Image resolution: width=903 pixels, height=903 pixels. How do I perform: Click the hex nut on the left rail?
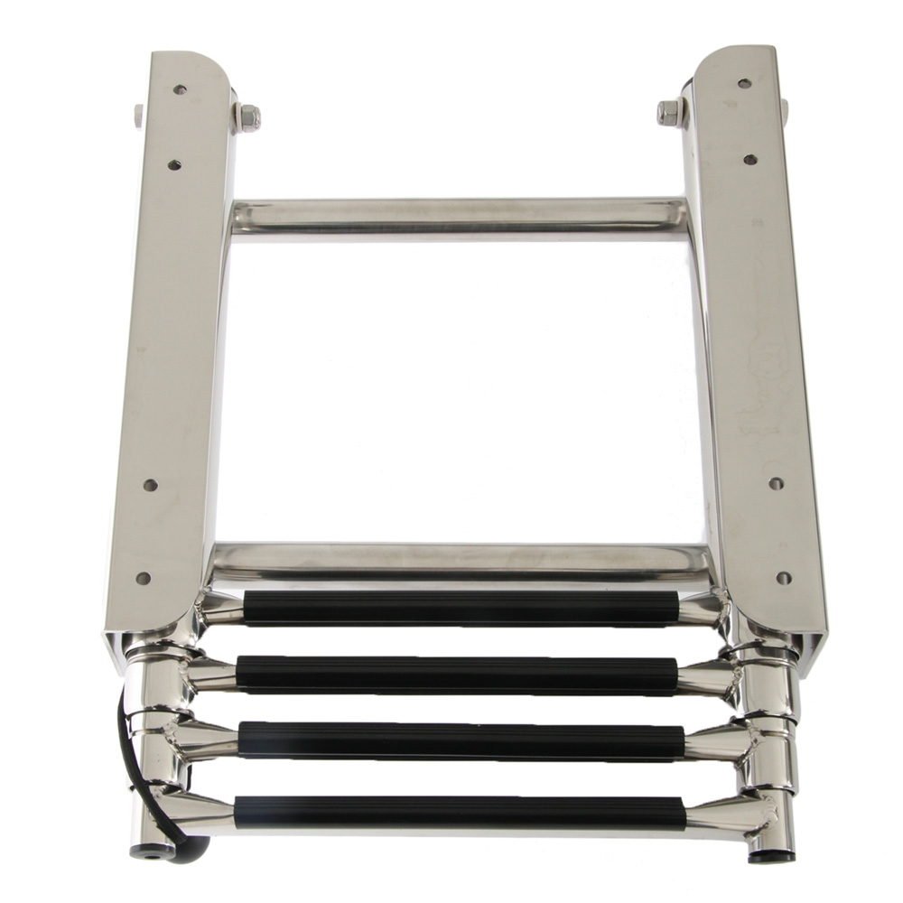247,116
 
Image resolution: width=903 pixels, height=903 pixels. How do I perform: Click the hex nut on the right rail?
669,113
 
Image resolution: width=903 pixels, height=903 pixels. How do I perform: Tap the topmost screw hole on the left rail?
180,90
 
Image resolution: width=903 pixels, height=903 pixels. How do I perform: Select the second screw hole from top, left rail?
174,165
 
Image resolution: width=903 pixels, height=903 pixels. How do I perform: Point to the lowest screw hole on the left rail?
143,578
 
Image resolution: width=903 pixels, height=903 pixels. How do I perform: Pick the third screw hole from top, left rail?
150,485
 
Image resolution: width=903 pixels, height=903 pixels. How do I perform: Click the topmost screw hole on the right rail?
744,83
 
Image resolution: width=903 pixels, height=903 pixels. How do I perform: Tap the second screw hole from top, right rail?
749,160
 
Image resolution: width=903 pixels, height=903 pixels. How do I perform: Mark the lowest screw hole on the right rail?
783,577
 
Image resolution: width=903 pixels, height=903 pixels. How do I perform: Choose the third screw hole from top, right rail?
776,483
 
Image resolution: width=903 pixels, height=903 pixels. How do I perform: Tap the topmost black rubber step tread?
461,607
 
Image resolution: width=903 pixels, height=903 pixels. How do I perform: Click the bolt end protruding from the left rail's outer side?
138,115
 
